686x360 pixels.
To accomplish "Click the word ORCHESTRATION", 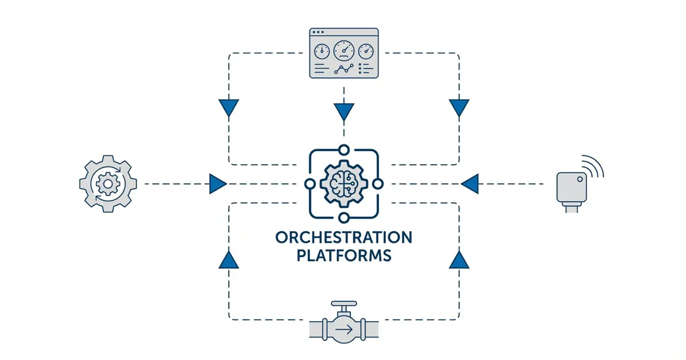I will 343,237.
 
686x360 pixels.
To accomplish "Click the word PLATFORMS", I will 343,255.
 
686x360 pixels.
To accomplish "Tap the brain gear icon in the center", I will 343,183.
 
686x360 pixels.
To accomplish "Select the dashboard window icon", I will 343,53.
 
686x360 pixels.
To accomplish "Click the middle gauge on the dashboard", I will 343,50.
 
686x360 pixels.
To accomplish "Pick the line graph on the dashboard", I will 343,70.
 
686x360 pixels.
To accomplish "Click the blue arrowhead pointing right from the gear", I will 217,184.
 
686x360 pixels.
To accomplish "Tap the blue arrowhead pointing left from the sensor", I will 469,184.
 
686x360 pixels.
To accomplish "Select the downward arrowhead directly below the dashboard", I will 344,111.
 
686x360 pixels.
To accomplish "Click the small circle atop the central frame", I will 344,150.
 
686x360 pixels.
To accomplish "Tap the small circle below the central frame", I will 344,218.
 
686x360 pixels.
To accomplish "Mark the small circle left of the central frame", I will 309,184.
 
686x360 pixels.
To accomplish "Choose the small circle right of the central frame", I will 377,184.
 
